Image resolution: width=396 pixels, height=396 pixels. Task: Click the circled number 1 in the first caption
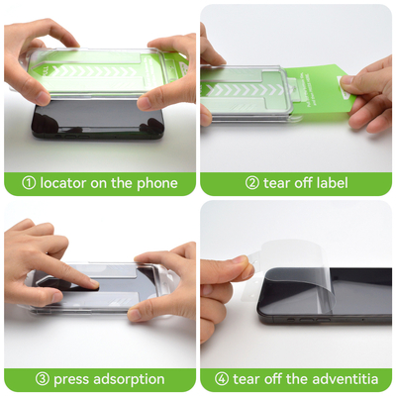(x=29, y=183)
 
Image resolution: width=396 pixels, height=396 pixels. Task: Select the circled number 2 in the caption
(x=252, y=183)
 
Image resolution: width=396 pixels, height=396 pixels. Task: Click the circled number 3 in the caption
(x=42, y=379)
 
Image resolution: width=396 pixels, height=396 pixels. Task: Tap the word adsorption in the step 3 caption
(x=129, y=380)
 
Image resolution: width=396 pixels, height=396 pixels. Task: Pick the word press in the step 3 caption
(x=71, y=380)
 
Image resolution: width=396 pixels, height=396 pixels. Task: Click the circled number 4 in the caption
(x=222, y=379)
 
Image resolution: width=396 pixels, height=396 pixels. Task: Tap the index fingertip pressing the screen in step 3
(x=93, y=284)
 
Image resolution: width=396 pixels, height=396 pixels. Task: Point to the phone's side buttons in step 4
(x=309, y=320)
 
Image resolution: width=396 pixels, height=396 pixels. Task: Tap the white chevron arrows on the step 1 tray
(x=93, y=71)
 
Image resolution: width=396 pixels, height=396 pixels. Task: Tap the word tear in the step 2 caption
(x=276, y=183)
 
